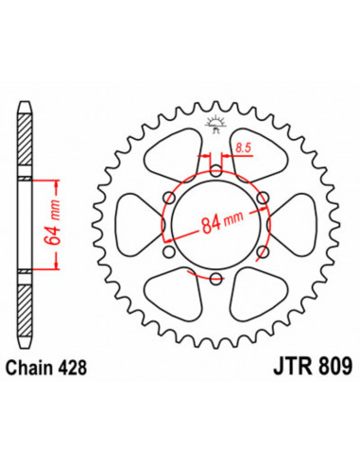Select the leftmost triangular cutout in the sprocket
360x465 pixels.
pos(132,224)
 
